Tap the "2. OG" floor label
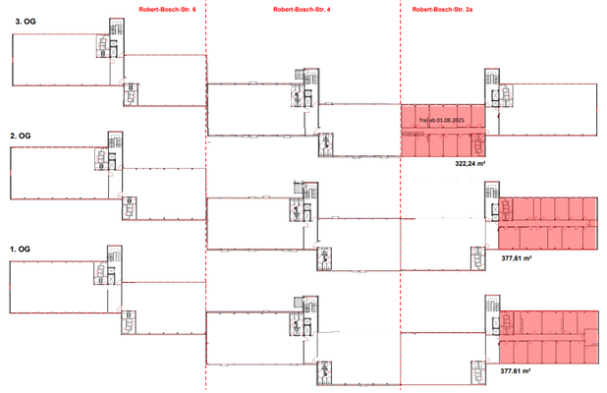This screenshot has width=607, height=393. (20, 136)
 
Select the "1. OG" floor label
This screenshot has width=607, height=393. (20, 250)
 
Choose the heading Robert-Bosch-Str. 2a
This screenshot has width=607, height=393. (443, 9)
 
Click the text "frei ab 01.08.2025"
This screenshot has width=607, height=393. (442, 122)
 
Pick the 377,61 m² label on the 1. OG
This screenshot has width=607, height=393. (516, 372)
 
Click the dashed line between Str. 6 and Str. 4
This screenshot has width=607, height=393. (206, 196)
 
